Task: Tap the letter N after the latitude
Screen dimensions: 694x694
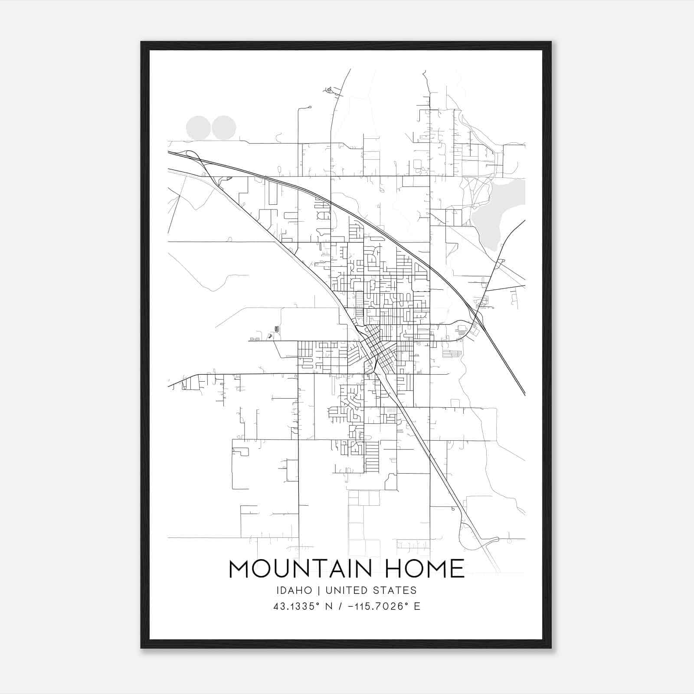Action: (x=329, y=606)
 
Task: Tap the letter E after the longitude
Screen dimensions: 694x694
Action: (x=417, y=606)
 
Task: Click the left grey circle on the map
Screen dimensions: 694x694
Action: (x=198, y=128)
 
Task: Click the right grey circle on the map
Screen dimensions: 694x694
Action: (x=224, y=128)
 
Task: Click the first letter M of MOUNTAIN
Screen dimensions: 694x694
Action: (x=238, y=569)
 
